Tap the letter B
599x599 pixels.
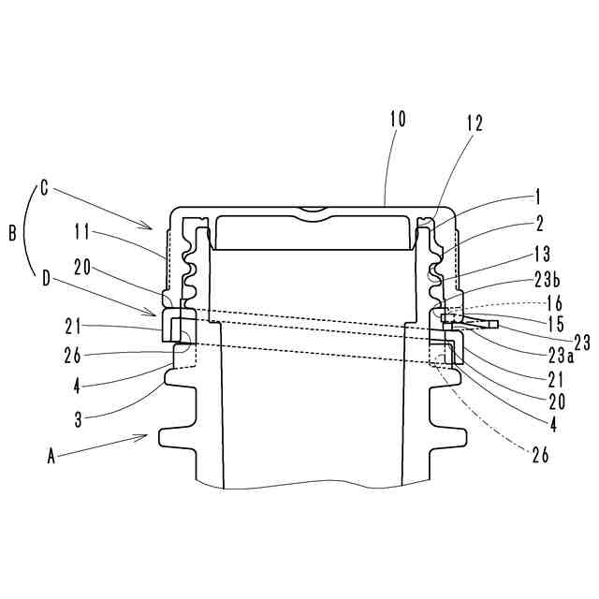point(12,234)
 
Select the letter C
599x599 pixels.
point(43,185)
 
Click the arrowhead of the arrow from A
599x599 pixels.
point(149,434)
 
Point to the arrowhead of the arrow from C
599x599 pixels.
point(153,227)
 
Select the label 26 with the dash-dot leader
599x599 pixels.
point(540,455)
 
